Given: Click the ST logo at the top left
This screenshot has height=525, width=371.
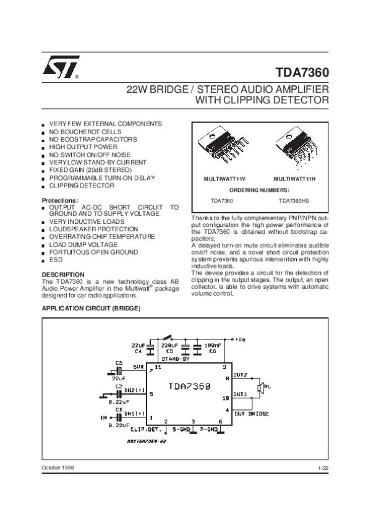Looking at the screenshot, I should click(x=59, y=70).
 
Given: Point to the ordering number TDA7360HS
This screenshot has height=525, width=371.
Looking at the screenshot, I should click(x=294, y=201).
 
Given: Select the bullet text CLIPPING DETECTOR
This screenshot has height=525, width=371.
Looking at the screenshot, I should click(x=82, y=185).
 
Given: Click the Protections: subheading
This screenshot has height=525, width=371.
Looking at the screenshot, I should click(x=59, y=200).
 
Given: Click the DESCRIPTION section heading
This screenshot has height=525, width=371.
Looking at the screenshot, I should click(x=62, y=274).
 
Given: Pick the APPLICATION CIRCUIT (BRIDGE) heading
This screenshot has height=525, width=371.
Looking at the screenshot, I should click(x=91, y=307).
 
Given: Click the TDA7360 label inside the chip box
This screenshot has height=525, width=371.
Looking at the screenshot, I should click(x=190, y=386).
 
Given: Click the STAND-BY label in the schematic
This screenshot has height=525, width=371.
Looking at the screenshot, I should click(x=175, y=359).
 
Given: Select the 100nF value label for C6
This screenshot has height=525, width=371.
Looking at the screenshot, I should click(x=213, y=344).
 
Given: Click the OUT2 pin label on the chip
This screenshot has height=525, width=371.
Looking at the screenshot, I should click(x=240, y=375).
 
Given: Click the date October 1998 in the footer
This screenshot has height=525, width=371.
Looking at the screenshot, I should click(x=58, y=467).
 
